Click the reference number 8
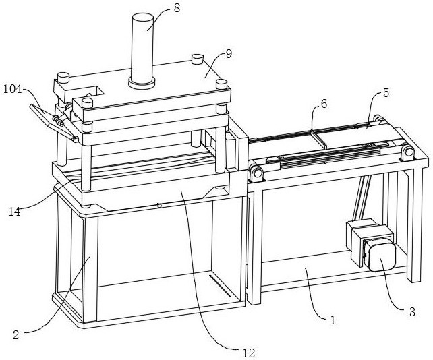click(x=177, y=9)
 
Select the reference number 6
click(x=324, y=104)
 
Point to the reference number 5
click(x=385, y=94)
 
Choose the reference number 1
click(x=332, y=321)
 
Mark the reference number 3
click(x=412, y=311)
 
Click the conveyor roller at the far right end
click(x=408, y=153)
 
